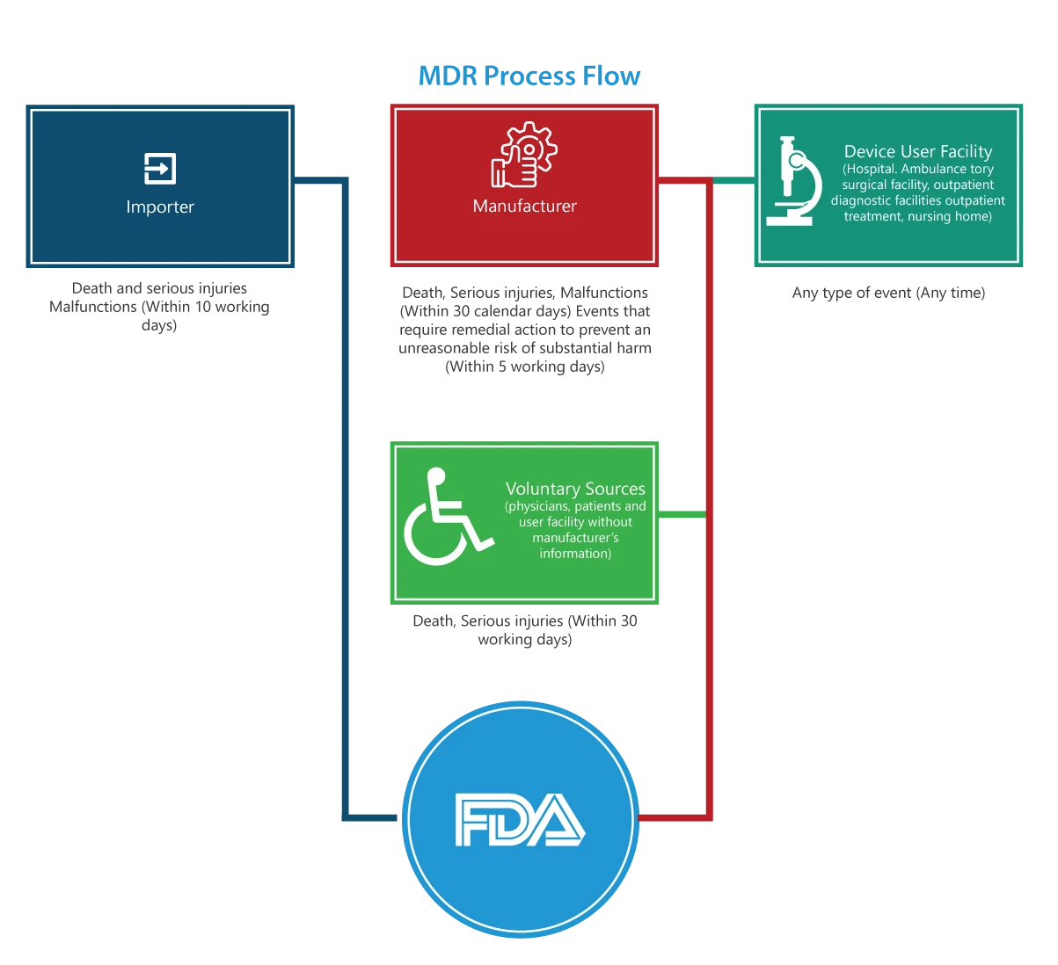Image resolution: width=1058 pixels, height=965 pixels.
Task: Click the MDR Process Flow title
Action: pos(530,77)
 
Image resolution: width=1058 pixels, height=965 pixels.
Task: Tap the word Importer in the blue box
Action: pos(160,207)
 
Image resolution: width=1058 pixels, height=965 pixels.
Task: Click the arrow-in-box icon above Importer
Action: pos(160,168)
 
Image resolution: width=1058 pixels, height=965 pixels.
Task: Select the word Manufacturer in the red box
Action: pos(525,207)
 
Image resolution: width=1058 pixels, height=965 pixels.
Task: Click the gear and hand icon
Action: pos(524,156)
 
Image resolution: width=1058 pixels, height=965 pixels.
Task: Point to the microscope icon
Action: pos(793,181)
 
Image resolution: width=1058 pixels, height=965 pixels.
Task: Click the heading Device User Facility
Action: pos(918,152)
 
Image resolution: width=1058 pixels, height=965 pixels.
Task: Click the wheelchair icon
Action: pos(444,518)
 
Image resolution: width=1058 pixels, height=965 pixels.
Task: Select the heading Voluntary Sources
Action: pos(575,490)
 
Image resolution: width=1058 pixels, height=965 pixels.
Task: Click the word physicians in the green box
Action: pos(537,507)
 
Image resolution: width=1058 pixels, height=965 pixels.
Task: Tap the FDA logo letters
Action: pos(520,820)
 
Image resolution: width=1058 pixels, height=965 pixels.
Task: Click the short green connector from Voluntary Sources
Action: pos(682,514)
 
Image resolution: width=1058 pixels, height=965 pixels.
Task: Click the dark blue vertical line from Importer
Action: pos(346,492)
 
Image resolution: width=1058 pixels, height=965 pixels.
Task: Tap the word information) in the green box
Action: pos(575,554)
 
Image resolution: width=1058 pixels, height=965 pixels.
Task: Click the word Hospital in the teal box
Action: pos(871,169)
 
